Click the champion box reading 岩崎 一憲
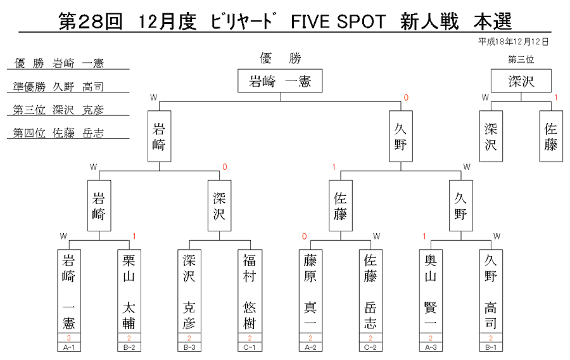pyautogui.click(x=280, y=80)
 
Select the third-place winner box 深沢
pyautogui.click(x=521, y=80)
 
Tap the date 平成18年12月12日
pyautogui.click(x=513, y=42)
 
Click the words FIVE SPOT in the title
pyautogui.click(x=338, y=22)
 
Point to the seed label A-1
pyautogui.click(x=68, y=347)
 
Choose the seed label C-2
pyautogui.click(x=370, y=347)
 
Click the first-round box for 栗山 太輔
pyautogui.click(x=129, y=291)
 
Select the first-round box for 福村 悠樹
pyautogui.click(x=250, y=291)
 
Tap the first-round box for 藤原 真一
pyautogui.click(x=310, y=291)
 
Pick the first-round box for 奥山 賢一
pyautogui.click(x=431, y=291)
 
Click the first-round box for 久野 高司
pyautogui.click(x=491, y=291)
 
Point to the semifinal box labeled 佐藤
pyautogui.click(x=341, y=205)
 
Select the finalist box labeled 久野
pyautogui.click(x=401, y=136)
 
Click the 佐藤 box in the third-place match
pyautogui.click(x=551, y=136)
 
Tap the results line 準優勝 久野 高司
pyautogui.click(x=58, y=87)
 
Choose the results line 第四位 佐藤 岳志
pyautogui.click(x=58, y=132)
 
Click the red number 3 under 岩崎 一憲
pyautogui.click(x=68, y=338)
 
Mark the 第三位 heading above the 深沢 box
pyautogui.click(x=521, y=59)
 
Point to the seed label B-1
pyautogui.click(x=491, y=347)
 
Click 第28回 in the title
pyautogui.click(x=90, y=22)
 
